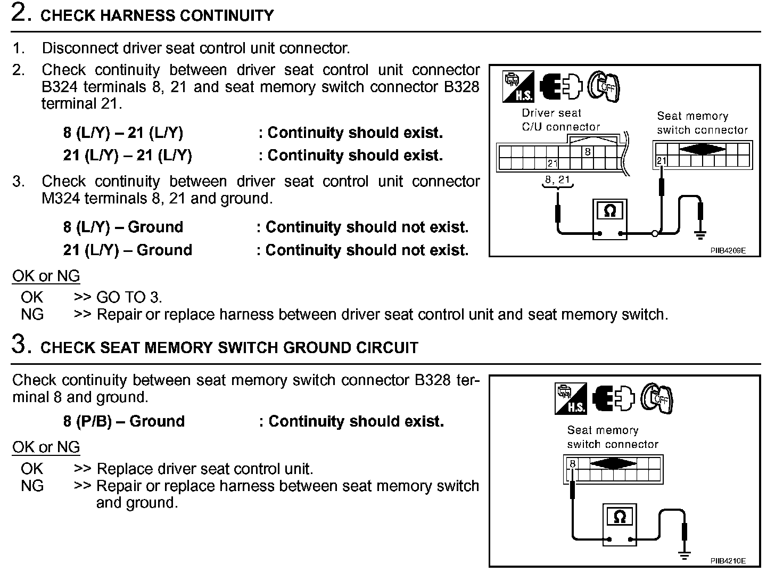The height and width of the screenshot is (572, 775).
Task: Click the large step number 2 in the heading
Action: coord(20,14)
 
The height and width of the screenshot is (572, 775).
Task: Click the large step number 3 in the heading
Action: coord(20,345)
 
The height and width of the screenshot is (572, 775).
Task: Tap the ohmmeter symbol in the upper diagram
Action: coord(609,212)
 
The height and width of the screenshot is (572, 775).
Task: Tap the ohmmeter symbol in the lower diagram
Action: coord(619,517)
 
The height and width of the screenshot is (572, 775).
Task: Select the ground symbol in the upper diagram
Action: coord(700,234)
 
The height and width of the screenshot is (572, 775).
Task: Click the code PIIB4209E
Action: coord(728,250)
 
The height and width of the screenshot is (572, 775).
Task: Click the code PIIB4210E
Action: coord(728,561)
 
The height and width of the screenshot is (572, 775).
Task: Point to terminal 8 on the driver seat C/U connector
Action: coord(588,152)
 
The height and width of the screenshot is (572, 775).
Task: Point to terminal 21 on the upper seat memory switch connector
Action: coord(661,161)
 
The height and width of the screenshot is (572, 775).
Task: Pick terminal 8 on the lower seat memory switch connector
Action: coord(572,463)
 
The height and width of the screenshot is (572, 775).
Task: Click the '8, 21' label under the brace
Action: coord(557,180)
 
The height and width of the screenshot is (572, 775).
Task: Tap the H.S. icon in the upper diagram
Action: coord(517,86)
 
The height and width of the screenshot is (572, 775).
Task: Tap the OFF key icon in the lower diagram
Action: coord(657,398)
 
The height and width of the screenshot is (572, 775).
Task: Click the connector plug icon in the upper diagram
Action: coord(561,86)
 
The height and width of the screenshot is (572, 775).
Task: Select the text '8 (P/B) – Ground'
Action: coord(123,421)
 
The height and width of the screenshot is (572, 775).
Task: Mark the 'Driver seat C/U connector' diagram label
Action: coord(560,120)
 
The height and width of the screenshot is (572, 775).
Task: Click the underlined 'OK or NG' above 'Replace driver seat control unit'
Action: coord(46,447)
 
